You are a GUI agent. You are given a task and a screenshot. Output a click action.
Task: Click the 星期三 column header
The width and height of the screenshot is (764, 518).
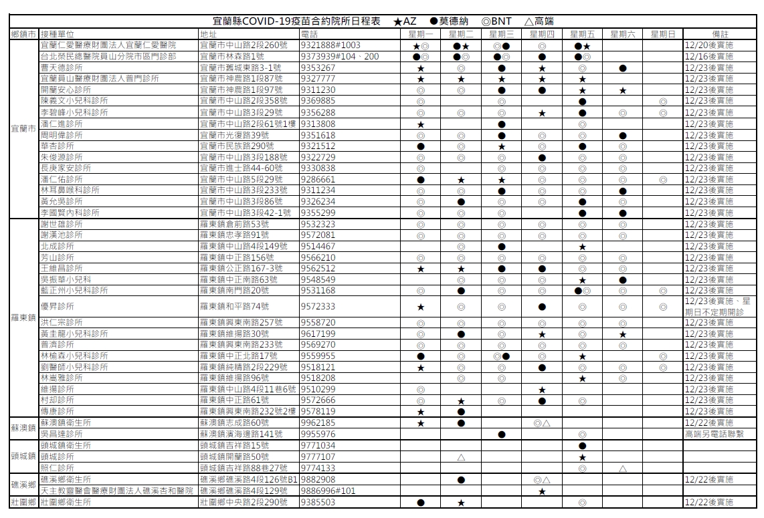(502, 33)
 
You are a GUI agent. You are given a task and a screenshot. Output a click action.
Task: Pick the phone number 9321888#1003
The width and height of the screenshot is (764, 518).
(330, 45)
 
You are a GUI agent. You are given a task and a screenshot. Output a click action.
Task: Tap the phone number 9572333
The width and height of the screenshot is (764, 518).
(318, 307)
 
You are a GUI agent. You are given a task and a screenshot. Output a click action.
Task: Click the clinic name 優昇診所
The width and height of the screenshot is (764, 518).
(56, 307)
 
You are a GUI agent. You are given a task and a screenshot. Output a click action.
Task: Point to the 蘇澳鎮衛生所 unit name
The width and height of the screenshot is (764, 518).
(65, 423)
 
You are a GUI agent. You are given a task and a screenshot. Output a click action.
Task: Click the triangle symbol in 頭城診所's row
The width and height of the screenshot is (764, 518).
(461, 457)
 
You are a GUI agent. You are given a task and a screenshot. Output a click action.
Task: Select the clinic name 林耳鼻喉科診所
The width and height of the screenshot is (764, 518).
(70, 190)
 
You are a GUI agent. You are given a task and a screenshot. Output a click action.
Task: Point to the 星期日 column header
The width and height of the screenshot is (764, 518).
(662, 33)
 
